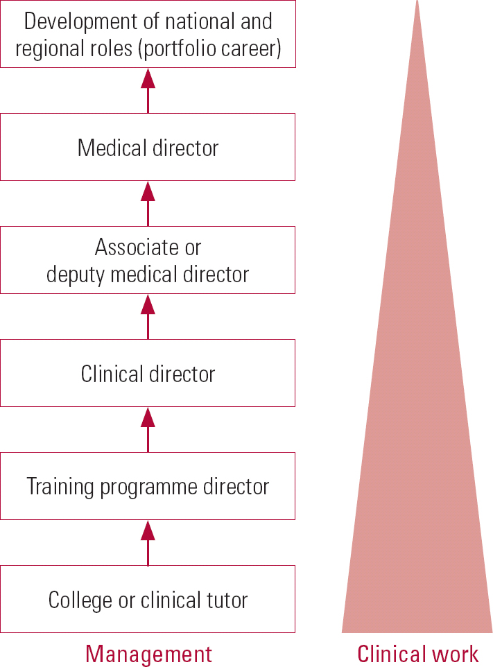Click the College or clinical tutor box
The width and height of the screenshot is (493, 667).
[x=148, y=599]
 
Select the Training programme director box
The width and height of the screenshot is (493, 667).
[x=148, y=486]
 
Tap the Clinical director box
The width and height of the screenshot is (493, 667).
[x=148, y=373]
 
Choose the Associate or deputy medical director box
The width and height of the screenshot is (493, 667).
[x=148, y=260]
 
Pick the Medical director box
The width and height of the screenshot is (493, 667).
[x=148, y=147]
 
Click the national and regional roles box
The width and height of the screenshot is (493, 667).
[x=148, y=34]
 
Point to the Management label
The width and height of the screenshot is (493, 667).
[x=148, y=654]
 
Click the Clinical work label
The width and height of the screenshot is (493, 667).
[x=417, y=654]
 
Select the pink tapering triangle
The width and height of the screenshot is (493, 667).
[x=417, y=451]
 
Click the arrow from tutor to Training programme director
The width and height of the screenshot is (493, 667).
[x=148, y=543]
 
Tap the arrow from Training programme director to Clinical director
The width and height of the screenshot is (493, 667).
[x=148, y=430]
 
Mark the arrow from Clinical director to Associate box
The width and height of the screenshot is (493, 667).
[x=148, y=317]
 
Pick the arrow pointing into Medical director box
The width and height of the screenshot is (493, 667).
[x=148, y=204]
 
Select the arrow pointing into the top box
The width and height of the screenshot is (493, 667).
[x=148, y=91]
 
